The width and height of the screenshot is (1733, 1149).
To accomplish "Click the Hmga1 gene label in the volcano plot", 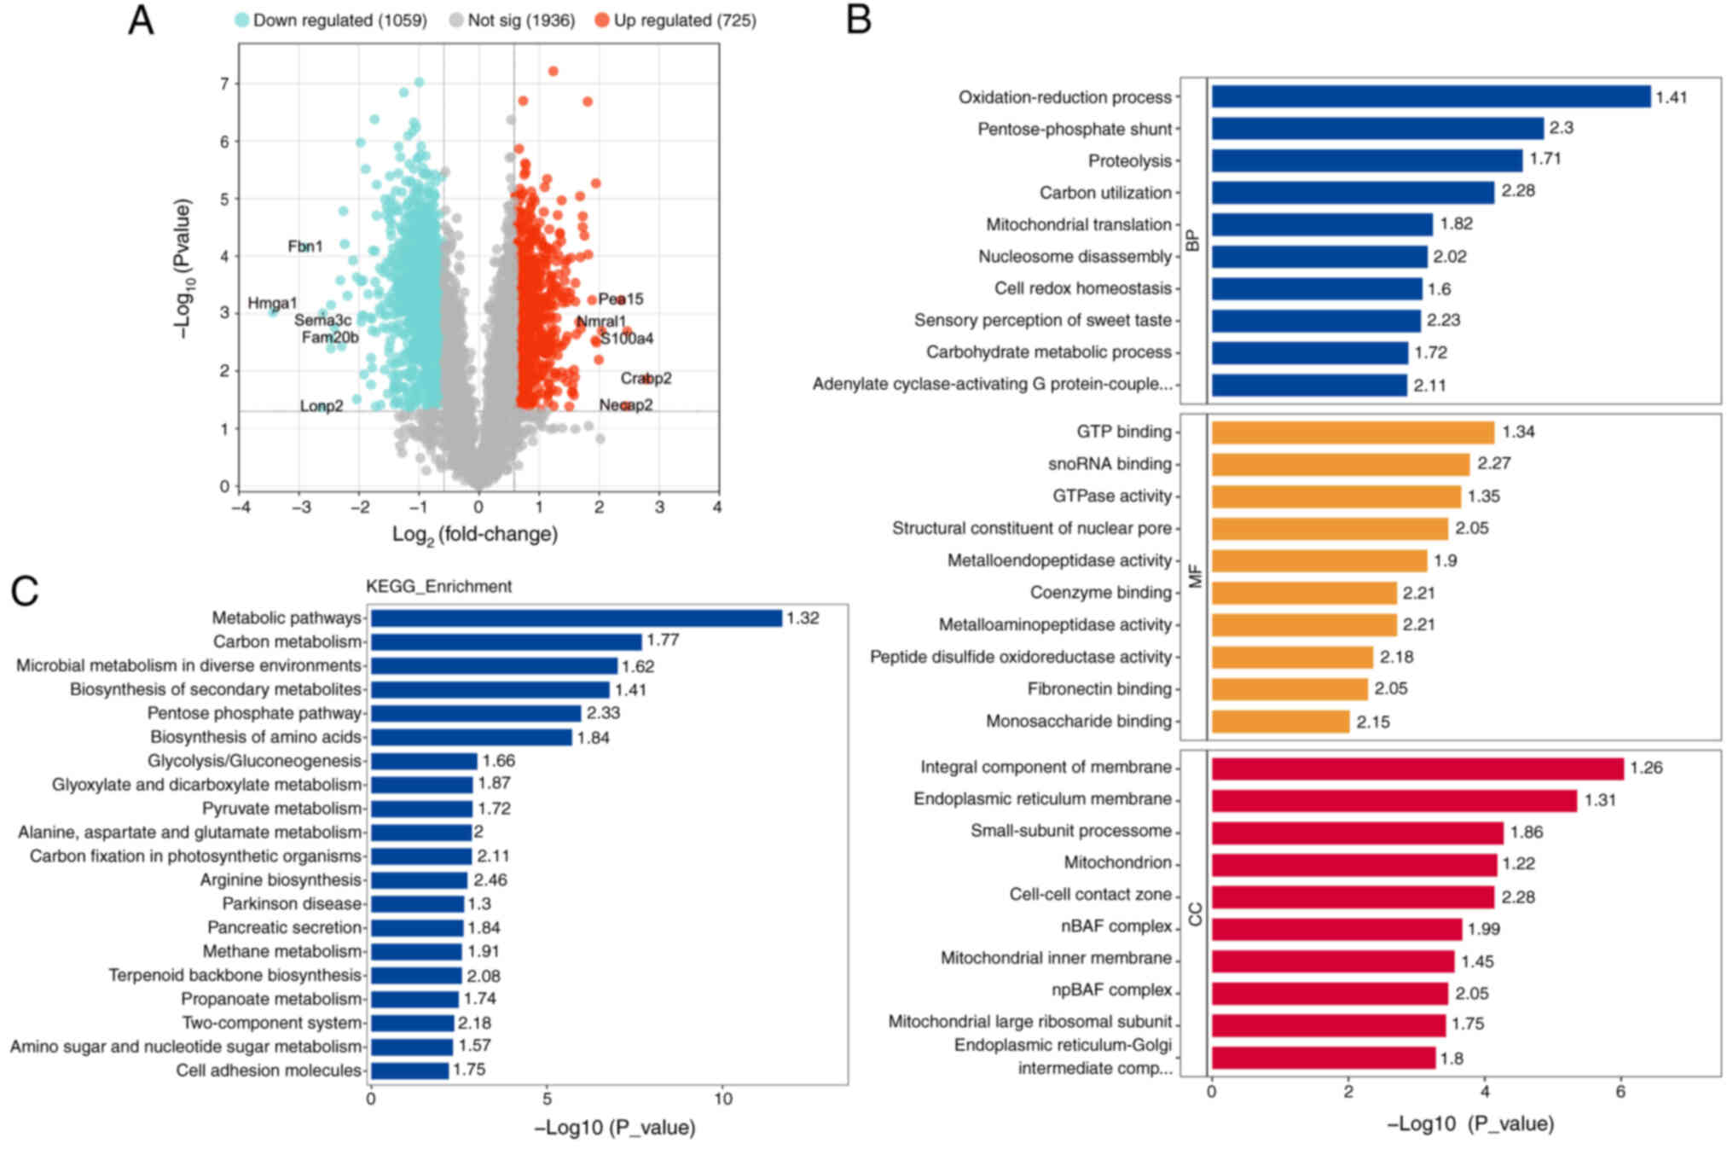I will [272, 303].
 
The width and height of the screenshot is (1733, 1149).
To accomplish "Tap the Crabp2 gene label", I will [646, 378].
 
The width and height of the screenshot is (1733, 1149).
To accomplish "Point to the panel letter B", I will [858, 20].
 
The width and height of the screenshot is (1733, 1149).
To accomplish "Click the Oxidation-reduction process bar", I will [1430, 96].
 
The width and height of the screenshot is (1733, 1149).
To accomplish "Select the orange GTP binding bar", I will [1353, 432].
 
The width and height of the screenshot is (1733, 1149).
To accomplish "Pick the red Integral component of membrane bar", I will [1417, 768].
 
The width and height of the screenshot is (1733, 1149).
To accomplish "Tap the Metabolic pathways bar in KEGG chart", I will [576, 618].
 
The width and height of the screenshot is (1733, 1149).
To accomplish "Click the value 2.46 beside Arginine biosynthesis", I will [490, 879].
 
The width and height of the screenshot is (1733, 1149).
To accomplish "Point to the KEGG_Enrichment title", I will [438, 586].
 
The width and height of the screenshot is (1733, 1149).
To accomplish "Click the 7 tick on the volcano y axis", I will [224, 84].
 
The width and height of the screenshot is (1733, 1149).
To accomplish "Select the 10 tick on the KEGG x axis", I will [723, 1099].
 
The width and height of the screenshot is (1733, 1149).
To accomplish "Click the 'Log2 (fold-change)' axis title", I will [475, 535].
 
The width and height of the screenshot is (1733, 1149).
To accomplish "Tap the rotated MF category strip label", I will [1194, 576].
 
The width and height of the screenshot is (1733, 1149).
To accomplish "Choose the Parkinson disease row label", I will [292, 903].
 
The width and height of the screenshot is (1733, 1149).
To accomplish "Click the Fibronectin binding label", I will [1098, 688].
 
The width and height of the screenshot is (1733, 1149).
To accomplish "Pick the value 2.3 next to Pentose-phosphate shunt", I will [1562, 128].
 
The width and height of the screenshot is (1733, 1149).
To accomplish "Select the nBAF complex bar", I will [1336, 928].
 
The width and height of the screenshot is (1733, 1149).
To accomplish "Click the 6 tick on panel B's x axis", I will [1620, 1092].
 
